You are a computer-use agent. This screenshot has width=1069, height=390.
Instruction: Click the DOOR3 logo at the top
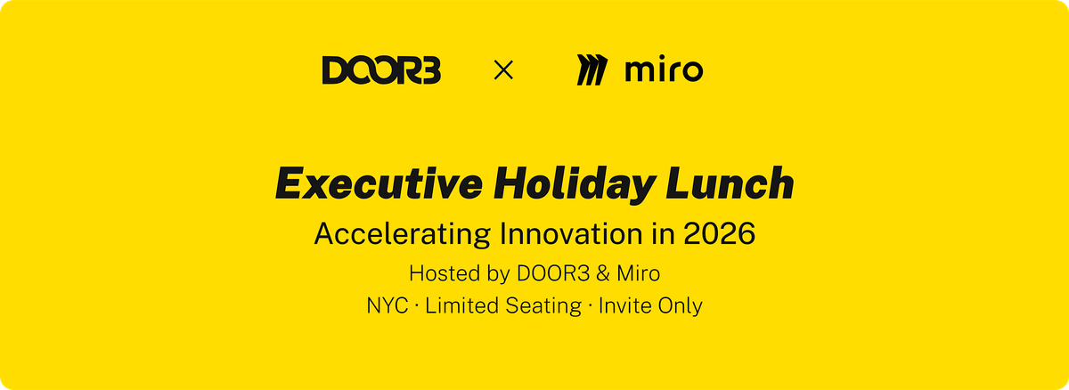381,70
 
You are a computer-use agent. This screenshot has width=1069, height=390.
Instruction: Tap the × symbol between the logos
503,70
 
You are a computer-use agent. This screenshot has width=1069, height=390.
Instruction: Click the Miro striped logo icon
592,69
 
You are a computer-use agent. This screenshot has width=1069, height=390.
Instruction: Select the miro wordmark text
664,70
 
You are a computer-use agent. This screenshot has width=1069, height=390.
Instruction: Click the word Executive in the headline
379,183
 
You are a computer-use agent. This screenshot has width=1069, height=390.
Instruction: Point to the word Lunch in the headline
730,183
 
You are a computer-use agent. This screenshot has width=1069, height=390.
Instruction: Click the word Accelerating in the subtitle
403,234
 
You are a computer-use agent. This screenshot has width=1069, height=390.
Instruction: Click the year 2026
719,233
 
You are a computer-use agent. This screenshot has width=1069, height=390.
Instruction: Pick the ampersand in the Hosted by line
603,273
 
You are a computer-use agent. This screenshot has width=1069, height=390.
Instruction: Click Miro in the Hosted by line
638,273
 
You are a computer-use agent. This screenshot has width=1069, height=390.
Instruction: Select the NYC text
387,305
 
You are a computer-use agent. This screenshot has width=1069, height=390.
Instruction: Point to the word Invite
624,305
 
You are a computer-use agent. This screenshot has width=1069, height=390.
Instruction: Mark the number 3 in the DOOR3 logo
430,70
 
